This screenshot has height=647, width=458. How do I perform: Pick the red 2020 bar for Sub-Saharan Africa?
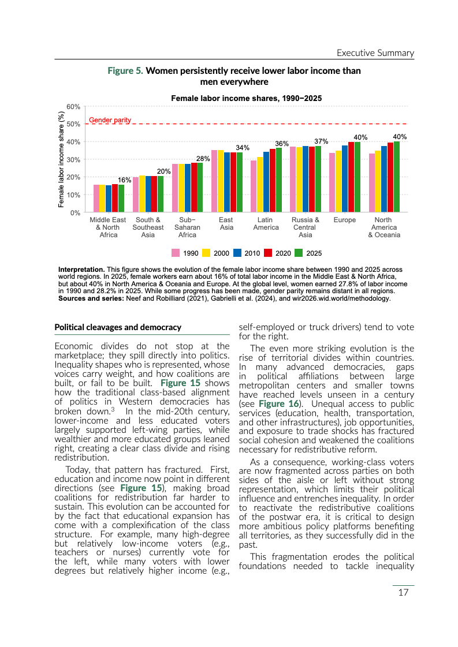point(193,188)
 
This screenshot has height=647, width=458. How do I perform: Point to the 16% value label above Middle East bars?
point(125,180)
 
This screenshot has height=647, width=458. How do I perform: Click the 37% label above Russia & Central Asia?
point(321,141)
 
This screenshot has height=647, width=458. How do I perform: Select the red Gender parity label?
point(110,120)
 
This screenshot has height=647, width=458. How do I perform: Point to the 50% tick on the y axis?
point(73,124)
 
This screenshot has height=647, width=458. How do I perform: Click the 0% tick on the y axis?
point(76,212)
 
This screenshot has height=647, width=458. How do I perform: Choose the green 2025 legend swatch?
point(299,253)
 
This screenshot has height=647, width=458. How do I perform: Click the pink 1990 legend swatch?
point(176,253)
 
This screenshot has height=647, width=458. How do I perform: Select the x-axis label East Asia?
point(226,223)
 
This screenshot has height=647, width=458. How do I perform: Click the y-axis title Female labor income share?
point(61,159)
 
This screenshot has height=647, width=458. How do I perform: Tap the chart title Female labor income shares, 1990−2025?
point(246,99)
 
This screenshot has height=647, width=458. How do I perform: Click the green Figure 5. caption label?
point(125,71)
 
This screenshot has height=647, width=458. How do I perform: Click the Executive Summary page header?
point(375,53)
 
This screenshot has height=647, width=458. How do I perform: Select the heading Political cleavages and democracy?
point(118,327)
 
